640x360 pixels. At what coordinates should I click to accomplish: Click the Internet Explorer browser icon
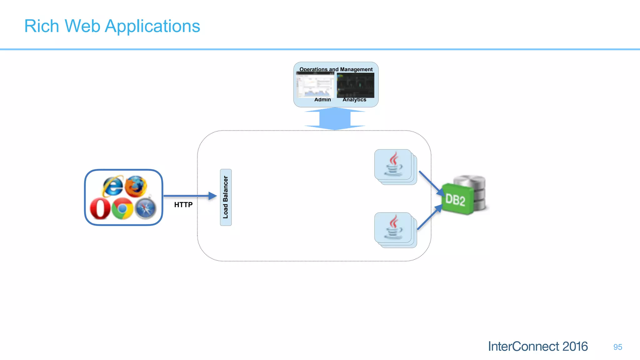pos(112,186)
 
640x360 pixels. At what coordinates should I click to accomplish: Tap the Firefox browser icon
pos(136,186)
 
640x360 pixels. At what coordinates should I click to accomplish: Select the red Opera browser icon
pos(100,208)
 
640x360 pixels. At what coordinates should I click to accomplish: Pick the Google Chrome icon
pos(122,208)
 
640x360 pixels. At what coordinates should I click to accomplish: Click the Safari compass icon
pos(146,208)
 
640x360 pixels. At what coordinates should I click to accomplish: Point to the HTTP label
pos(183,205)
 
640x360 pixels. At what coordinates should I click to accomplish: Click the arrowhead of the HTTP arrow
pos(213,196)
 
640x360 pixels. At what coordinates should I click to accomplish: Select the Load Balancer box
pos(226,197)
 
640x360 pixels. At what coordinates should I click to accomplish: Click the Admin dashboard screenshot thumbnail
pos(315,85)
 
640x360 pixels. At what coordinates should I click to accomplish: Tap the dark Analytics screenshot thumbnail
pos(355,85)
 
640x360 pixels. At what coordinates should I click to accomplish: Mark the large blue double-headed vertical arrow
pos(335,118)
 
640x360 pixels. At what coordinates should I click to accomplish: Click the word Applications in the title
pos(152,26)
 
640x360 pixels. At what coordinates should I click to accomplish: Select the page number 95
pos(617,347)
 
